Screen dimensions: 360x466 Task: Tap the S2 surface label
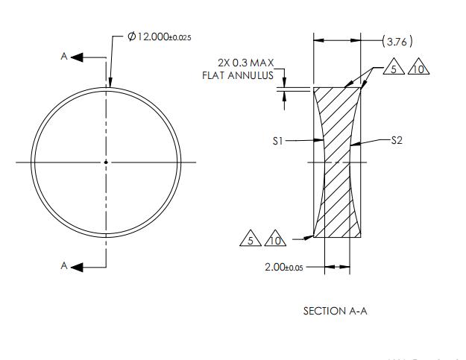(397, 140)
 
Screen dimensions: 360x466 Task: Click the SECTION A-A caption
(335, 311)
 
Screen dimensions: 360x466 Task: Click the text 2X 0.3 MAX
(242, 64)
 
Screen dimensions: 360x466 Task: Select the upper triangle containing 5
(396, 69)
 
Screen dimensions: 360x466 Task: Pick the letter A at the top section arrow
(65, 57)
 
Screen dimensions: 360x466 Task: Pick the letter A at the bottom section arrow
(65, 266)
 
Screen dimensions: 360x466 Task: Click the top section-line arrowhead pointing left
(78, 57)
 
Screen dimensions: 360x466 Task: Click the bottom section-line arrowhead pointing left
(78, 266)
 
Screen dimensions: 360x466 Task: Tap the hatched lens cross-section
(337, 194)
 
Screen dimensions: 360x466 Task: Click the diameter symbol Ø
(132, 37)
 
